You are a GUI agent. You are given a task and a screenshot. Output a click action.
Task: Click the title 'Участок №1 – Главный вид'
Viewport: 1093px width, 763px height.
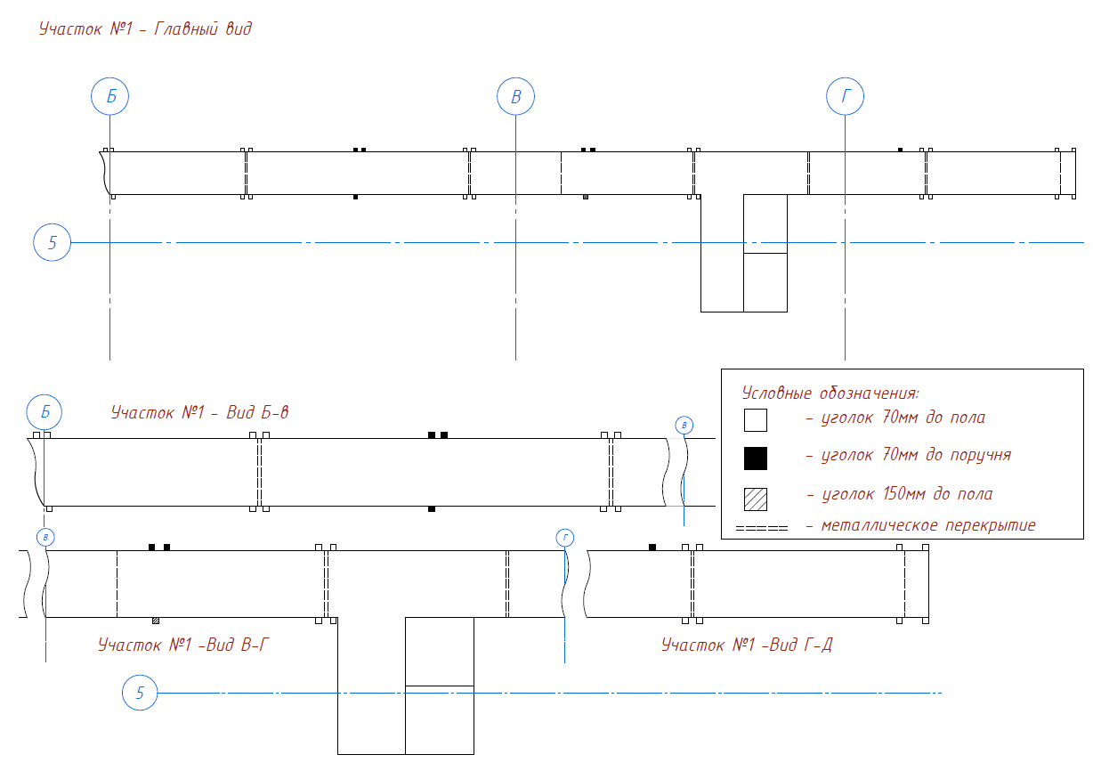point(145,28)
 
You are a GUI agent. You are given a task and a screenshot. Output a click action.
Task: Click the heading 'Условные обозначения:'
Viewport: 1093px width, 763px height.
point(830,393)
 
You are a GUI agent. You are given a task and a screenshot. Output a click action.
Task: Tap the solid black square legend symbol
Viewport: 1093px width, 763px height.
point(756,459)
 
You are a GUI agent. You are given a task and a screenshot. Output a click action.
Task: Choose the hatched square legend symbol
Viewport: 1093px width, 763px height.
point(756,499)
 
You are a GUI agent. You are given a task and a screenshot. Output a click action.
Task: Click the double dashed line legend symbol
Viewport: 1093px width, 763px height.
point(762,528)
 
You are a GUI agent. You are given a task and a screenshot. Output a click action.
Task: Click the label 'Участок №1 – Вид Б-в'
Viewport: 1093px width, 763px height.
point(200,412)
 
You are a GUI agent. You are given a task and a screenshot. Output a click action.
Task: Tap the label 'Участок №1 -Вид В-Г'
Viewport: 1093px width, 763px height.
point(183,645)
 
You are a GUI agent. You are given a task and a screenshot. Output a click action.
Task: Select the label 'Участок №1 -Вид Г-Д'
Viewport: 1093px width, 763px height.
point(747,645)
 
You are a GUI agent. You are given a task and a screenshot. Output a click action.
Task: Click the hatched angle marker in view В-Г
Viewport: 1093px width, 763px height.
point(156,621)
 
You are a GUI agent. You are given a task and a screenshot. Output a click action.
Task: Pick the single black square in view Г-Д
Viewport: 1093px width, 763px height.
point(652,548)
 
